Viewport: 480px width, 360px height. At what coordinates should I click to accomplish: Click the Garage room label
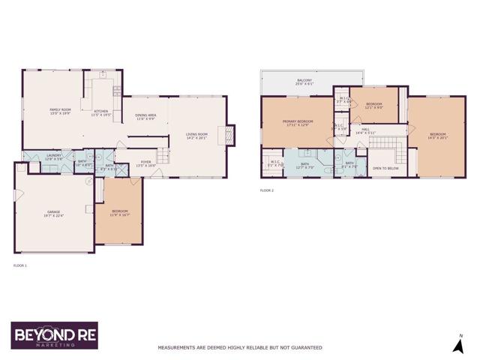point(52,214)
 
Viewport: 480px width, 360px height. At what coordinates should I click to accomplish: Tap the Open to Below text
point(385,168)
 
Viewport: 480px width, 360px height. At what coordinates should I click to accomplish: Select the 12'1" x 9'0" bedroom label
point(373,105)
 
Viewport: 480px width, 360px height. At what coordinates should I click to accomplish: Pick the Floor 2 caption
point(267,190)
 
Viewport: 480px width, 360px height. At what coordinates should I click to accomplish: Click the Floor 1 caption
point(20,265)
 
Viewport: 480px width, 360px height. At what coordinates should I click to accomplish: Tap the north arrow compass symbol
point(457,343)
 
